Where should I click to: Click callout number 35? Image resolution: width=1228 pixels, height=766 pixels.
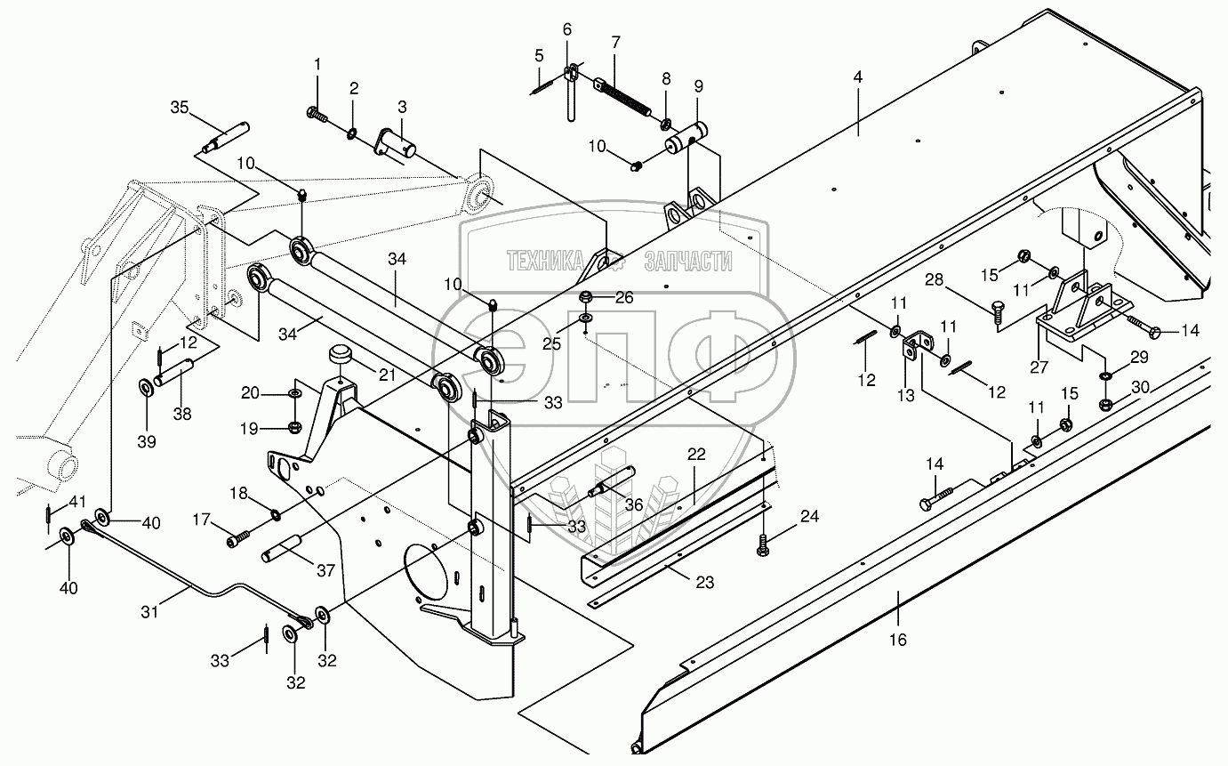[180, 109]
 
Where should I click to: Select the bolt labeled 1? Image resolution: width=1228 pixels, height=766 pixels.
[317, 114]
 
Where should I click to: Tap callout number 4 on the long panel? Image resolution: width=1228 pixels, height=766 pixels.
[857, 77]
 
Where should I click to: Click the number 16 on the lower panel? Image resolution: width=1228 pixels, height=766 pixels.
[898, 640]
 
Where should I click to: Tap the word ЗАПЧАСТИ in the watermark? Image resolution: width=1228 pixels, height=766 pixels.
[686, 261]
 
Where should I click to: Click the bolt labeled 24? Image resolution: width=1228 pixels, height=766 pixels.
[763, 544]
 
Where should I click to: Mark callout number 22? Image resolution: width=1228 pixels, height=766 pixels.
[695, 454]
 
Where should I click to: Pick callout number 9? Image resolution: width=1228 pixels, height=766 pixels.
[698, 86]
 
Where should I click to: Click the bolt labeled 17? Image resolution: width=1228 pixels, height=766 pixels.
[237, 538]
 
